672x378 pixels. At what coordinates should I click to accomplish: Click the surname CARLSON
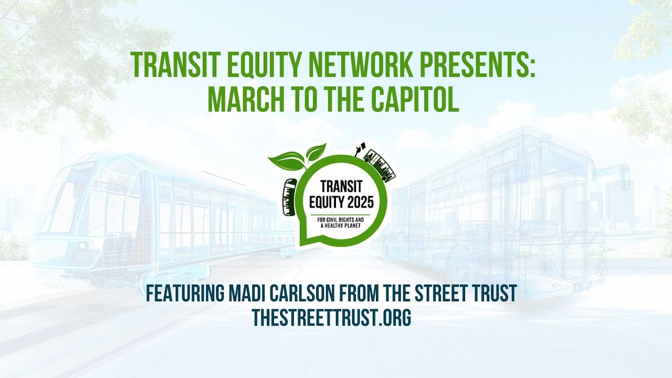pyautogui.click(x=298, y=293)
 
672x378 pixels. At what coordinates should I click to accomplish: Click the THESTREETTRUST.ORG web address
pyautogui.click(x=331, y=318)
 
